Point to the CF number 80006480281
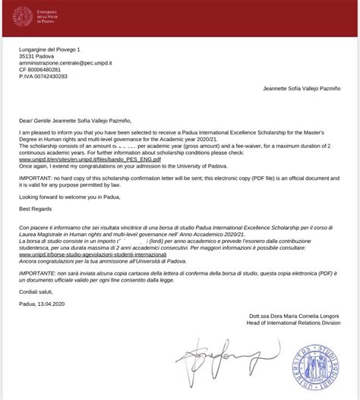(44, 76)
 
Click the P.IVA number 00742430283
(46, 85)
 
